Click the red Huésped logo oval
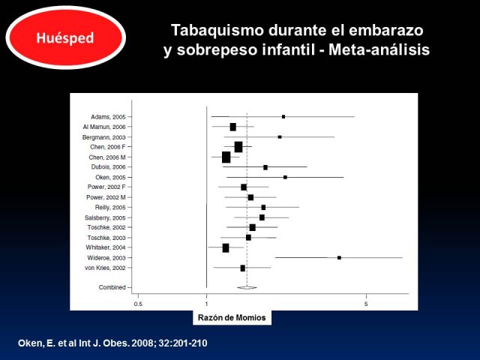coord(65,37)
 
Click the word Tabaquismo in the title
coord(217,30)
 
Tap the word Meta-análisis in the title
coord(379,50)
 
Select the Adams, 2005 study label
coord(108,117)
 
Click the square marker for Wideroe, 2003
coord(339,258)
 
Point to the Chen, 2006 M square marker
coord(226,157)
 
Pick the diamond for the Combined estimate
coord(247,287)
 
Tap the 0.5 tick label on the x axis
coord(138,304)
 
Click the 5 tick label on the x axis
coord(366,304)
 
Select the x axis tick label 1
coord(207,304)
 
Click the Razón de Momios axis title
coord(232,318)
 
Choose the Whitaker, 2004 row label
coord(106,247)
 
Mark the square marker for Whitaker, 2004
coord(226,248)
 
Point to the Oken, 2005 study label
coord(110,178)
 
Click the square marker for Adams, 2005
coord(283,117)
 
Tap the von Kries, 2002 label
coord(105,268)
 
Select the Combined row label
coord(112,287)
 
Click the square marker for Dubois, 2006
coord(265,167)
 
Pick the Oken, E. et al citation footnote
coord(112,343)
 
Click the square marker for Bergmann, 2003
coord(280,137)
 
